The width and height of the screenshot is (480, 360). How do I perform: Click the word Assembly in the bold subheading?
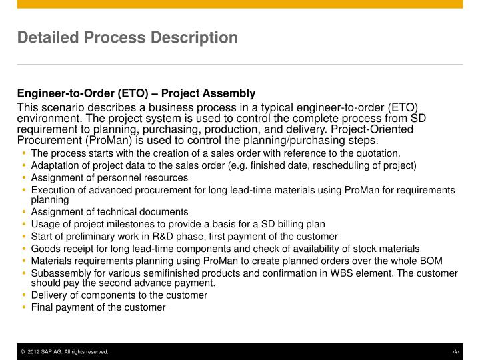click(233, 93)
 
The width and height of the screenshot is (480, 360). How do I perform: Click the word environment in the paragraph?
click(45, 119)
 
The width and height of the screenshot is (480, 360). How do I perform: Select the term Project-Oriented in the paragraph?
click(375, 129)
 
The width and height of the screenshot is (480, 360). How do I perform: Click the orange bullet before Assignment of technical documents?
click(24, 212)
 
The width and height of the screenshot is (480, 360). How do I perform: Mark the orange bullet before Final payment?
click(24, 307)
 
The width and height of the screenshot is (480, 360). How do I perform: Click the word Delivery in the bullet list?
click(47, 295)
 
